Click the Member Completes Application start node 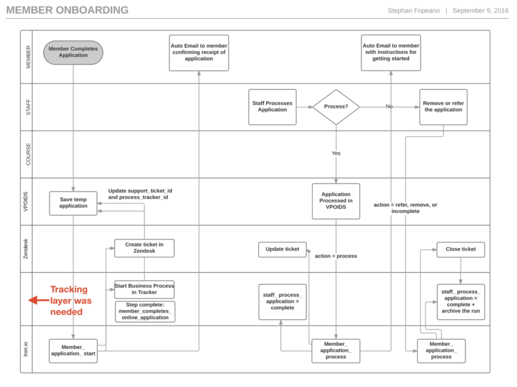pos(73,52)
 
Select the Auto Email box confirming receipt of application pos(199,52)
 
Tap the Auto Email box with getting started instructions pos(391,52)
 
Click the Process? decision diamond pos(336,107)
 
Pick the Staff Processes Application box pos(272,107)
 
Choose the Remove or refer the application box pos(443,107)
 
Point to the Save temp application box pos(73,203)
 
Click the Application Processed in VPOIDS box pos(336,201)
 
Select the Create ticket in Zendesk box pos(144,248)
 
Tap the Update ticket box pos(282,249)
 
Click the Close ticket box pos(460,249)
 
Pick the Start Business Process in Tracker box pos(144,289)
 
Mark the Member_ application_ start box pos(73,351)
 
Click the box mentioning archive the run pos(460,301)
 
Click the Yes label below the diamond pos(336,153)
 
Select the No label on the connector pos(389,107)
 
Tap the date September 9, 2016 pos(480,11)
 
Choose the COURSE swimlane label pos(28,154)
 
